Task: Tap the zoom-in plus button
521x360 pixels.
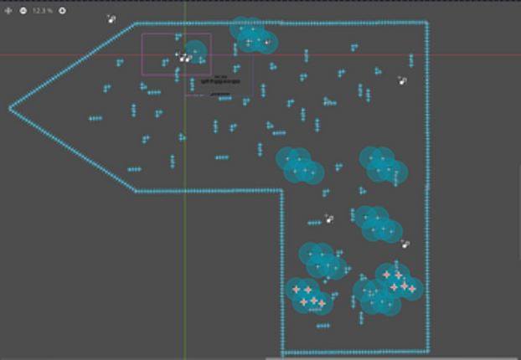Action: pos(62,11)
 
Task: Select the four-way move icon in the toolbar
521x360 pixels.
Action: pos(9,11)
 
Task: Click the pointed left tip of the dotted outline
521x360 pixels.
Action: pos(11,108)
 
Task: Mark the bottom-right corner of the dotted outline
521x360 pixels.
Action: pos(428,351)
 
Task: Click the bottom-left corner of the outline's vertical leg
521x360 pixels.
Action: pos(283,352)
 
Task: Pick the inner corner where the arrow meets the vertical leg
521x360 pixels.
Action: pos(282,191)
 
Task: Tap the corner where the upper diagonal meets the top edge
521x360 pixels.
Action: pos(136,23)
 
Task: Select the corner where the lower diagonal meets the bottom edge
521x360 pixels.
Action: pos(136,191)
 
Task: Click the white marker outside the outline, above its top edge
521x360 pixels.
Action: pos(111,18)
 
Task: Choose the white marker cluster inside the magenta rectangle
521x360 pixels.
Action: pos(183,57)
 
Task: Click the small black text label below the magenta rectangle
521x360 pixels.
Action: pos(220,80)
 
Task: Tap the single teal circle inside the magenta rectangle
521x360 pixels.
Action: pos(195,52)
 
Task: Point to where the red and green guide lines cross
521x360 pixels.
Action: pos(185,55)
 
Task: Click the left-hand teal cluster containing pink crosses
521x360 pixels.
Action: pos(309,295)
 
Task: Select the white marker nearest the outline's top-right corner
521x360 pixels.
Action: pos(403,81)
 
